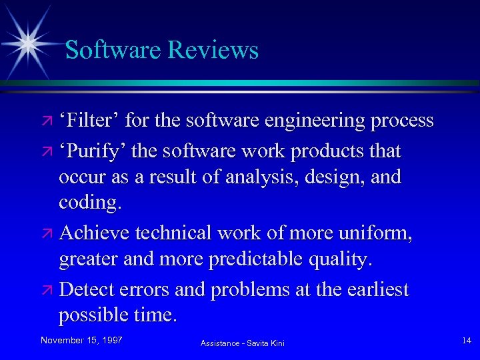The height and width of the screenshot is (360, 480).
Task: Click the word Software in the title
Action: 113,50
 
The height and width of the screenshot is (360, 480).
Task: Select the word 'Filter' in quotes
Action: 89,121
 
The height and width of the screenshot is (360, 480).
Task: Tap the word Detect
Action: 87,290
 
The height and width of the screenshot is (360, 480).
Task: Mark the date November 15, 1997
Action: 81,340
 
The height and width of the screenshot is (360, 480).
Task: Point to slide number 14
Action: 466,341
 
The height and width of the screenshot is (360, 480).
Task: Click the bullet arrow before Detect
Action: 47,291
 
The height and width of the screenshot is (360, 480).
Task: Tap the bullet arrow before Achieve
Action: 47,234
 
